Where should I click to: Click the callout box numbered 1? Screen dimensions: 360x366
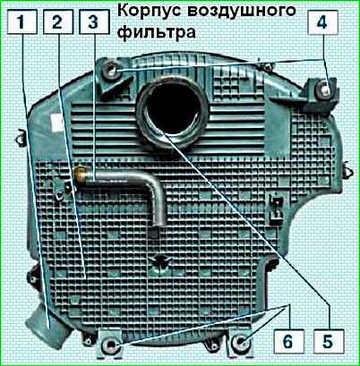(21, 21)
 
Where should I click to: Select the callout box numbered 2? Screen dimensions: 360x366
(58, 21)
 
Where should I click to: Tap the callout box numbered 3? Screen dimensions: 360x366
(93, 21)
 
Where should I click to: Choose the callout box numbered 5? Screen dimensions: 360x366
(329, 341)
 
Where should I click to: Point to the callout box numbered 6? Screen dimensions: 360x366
(288, 341)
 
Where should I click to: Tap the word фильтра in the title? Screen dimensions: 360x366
(157, 32)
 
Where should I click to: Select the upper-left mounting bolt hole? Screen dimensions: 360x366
(111, 71)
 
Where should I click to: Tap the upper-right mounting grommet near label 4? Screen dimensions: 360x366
(324, 89)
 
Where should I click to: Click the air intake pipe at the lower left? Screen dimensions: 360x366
(47, 329)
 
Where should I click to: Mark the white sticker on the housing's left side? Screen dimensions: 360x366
(57, 123)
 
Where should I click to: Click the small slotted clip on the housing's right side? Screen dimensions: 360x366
(277, 209)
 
